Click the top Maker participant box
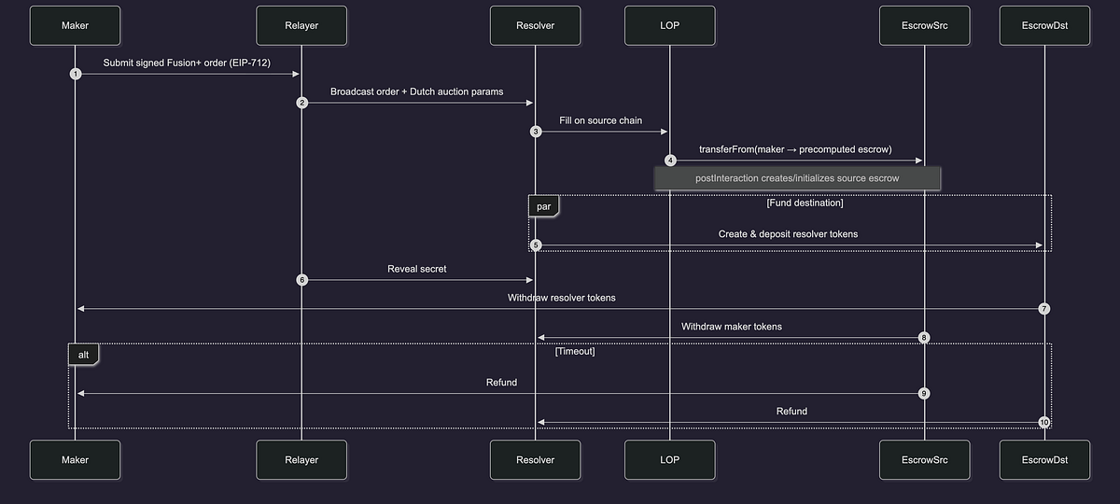point(75,25)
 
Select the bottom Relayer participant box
point(301,459)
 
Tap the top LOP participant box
point(669,25)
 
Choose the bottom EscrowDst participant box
point(1044,459)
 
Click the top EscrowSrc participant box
point(925,25)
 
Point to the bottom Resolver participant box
point(535,459)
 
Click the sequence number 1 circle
point(76,74)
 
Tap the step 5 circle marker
point(536,245)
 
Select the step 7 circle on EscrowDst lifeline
point(1044,309)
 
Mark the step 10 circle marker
point(1044,423)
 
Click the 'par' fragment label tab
point(543,206)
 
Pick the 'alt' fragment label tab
point(83,355)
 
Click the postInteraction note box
point(797,178)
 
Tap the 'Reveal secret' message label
point(417,269)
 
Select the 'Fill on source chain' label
point(600,120)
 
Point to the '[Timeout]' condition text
point(575,351)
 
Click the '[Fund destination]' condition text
point(805,203)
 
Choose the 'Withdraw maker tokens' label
point(732,327)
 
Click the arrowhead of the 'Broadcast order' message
point(529,103)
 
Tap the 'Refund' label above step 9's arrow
point(501,383)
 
